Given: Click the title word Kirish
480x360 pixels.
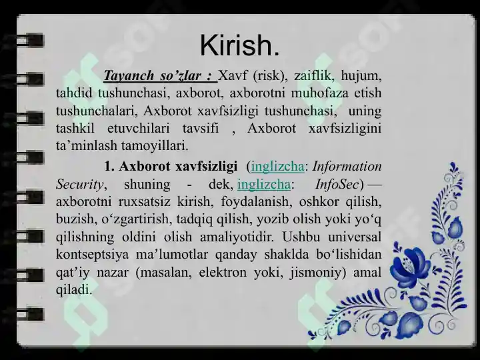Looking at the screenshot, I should point(239,45).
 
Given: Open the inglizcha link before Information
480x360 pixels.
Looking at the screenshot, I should point(277,167).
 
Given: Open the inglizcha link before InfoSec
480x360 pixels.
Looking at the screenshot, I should point(264,184).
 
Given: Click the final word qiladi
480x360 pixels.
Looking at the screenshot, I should point(73,289).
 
